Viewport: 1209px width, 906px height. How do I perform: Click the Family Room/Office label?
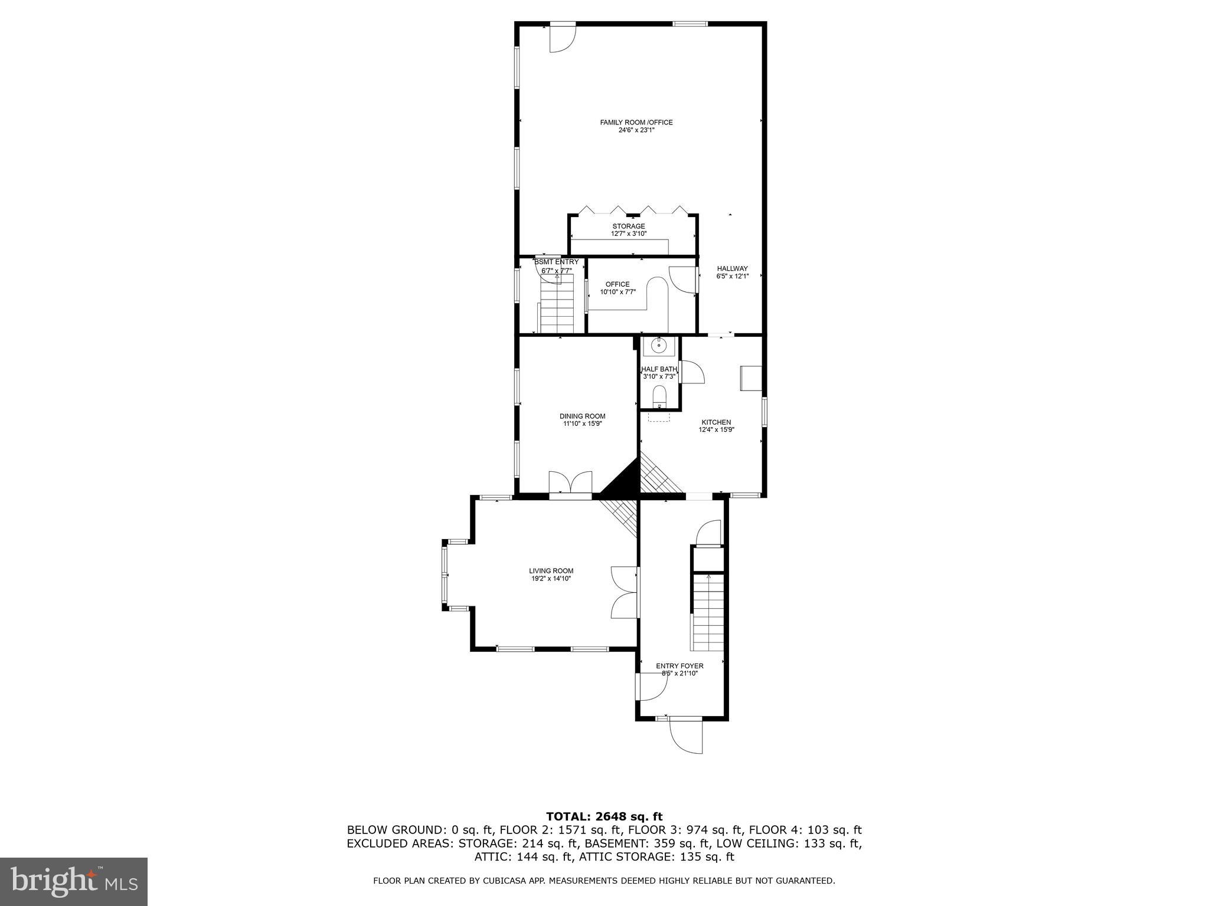[x=636, y=123]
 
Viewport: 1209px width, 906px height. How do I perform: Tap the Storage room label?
[x=628, y=226]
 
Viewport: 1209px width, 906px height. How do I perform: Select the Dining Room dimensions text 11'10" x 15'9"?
[x=582, y=424]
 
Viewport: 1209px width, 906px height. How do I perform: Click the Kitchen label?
[x=716, y=422]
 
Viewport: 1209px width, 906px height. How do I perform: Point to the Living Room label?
[x=551, y=571]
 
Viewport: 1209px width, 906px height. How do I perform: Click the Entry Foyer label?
[x=679, y=666]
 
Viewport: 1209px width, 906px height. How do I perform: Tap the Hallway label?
[x=732, y=268]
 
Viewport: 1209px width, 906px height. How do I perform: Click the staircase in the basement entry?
[x=557, y=307]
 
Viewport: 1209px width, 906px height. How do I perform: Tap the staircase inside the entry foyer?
[x=708, y=612]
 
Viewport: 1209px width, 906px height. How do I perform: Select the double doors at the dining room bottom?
[x=570, y=482]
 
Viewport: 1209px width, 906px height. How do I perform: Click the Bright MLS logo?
[x=74, y=881]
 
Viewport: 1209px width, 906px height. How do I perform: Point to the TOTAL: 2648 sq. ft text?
[x=604, y=816]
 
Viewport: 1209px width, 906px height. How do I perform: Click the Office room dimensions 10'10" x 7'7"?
[x=617, y=291]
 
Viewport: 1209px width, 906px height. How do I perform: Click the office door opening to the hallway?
[x=683, y=279]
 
